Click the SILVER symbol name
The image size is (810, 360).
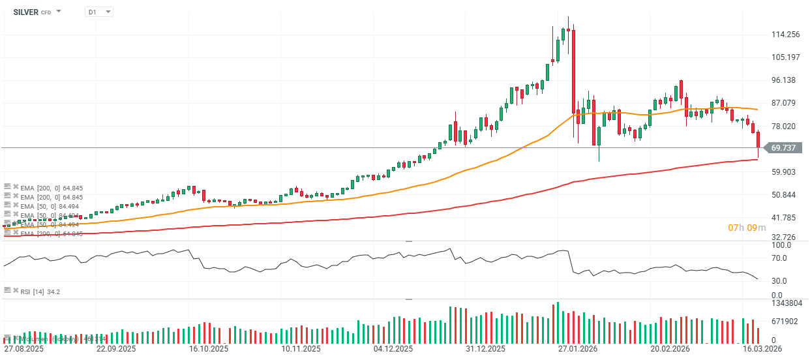[x=25, y=12]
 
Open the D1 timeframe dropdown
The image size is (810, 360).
[x=99, y=12]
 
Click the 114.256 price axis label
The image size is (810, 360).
[x=785, y=35]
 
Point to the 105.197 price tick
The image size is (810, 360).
[x=785, y=57]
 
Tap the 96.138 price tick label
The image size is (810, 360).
[x=785, y=80]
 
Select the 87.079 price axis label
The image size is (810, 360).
[x=785, y=103]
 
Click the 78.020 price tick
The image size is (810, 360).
[x=785, y=127]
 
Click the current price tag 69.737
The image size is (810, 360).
[x=783, y=148]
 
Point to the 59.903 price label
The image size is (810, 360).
[x=785, y=172]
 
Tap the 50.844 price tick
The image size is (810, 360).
[x=785, y=195]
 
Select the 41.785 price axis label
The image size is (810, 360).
[x=785, y=218]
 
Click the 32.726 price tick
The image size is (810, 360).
[x=785, y=237]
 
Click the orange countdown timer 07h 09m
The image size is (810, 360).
[x=747, y=228]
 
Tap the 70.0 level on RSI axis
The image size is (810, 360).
[x=780, y=258]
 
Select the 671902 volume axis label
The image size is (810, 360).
[x=786, y=322]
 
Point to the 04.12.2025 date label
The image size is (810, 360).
[x=394, y=350]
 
